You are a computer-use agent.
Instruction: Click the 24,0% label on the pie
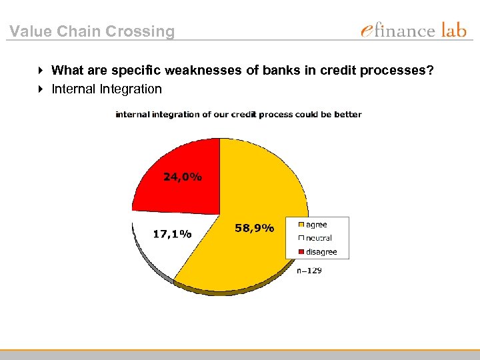click(x=183, y=177)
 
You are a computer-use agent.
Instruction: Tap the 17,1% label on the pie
click(x=172, y=234)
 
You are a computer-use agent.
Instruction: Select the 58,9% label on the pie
click(x=254, y=228)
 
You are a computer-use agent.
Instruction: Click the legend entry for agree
click(x=317, y=225)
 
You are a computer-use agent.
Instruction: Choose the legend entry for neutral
click(x=319, y=238)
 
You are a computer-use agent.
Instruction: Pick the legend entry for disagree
click(x=321, y=252)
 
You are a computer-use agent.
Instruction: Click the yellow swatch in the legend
click(x=302, y=225)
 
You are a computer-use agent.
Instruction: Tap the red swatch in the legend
click(x=302, y=252)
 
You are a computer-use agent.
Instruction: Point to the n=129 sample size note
click(x=309, y=270)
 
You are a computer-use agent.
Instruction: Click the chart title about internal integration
click(x=239, y=114)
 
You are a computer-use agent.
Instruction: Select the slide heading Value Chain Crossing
click(x=92, y=31)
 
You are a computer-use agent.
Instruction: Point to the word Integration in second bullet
click(x=131, y=89)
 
